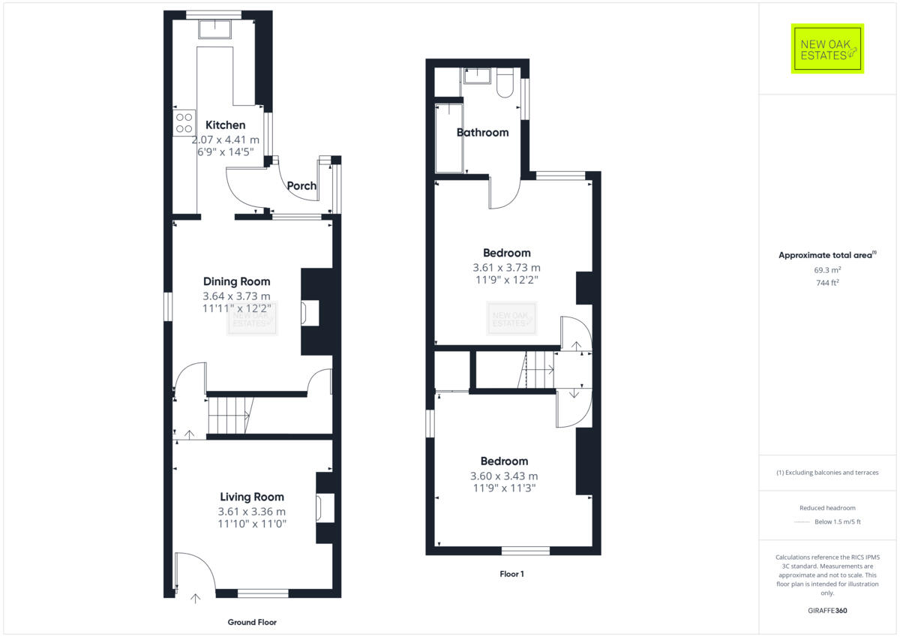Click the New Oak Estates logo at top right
pos(827,49)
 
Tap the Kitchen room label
pos(225,125)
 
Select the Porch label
pos(301,186)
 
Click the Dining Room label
pos(236,281)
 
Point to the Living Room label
pos(251,497)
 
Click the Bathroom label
pos(482,133)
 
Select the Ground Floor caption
pos(252,622)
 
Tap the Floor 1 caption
pos(512,574)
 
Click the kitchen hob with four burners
pos(184,123)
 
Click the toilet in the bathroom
pos(504,83)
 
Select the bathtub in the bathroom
pos(449,138)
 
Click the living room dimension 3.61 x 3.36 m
pos(251,512)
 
